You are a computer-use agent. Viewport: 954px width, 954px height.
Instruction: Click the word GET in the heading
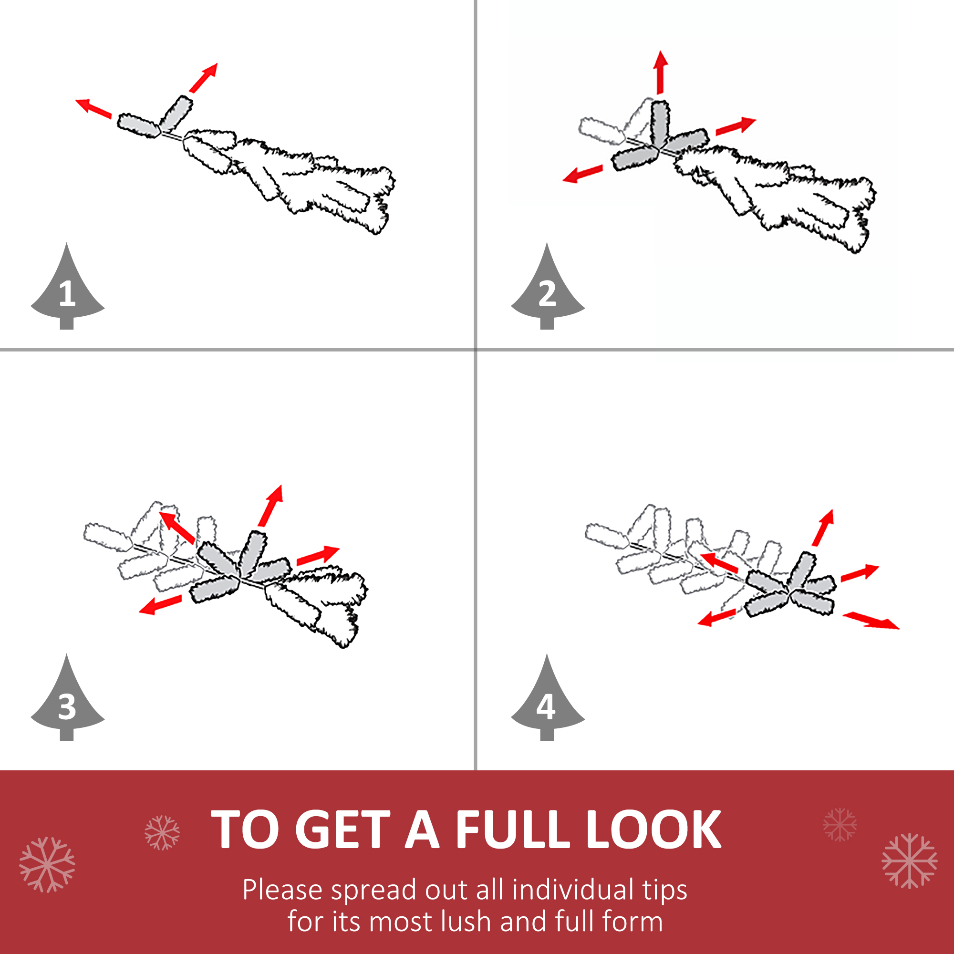(x=345, y=830)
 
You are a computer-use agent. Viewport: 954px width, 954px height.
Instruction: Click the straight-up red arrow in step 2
(x=661, y=72)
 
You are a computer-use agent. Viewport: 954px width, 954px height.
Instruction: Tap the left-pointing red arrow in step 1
(x=93, y=108)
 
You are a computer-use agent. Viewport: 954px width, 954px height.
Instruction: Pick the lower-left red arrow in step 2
(x=583, y=173)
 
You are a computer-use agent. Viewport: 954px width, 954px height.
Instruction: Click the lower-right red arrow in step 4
(x=871, y=620)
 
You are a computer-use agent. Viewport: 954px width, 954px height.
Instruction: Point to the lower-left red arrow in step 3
(x=160, y=604)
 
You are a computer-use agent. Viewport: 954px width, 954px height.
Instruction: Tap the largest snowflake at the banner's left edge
(x=47, y=864)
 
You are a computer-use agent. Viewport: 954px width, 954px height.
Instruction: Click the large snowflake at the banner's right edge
(x=909, y=861)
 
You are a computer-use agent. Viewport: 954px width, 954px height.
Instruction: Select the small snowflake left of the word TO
(x=162, y=832)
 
